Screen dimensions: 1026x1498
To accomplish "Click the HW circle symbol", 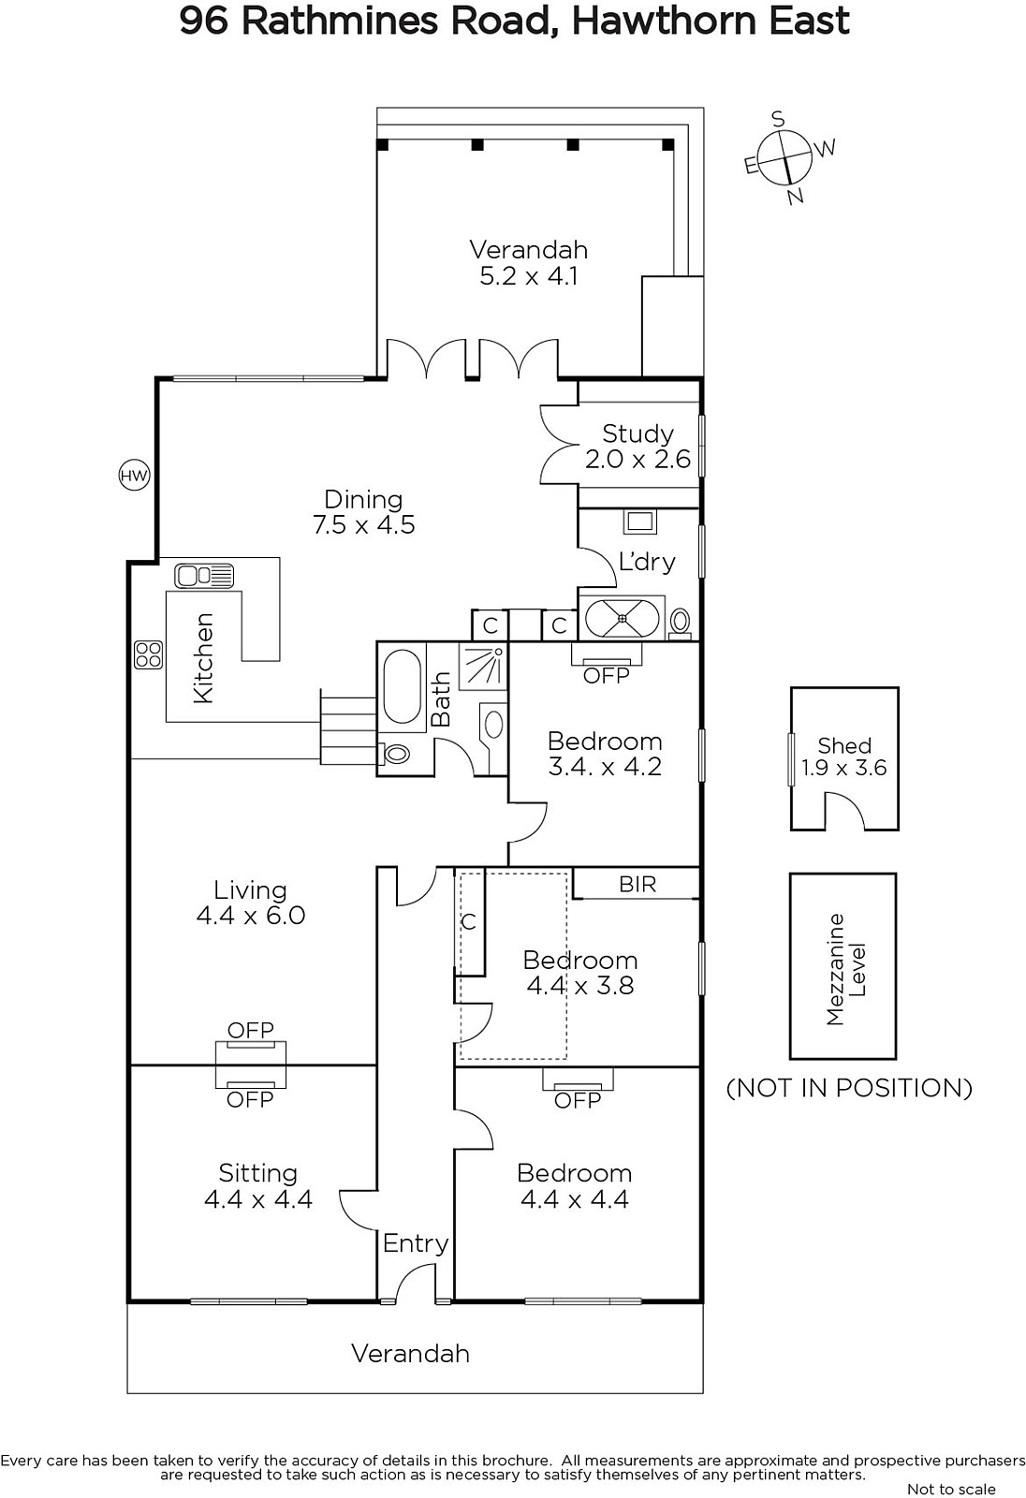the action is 134,476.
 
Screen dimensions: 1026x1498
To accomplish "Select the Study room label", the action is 638,433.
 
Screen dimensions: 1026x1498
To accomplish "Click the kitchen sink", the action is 204,576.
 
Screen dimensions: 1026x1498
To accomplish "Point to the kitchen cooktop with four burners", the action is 148,654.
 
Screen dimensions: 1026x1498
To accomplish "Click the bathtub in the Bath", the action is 402,684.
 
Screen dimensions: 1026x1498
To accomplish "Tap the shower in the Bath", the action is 482,666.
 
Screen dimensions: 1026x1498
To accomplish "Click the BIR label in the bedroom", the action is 638,884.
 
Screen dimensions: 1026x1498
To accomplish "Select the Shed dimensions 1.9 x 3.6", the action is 844,768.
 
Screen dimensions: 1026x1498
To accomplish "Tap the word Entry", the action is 415,1244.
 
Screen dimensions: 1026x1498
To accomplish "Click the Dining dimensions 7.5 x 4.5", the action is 364,524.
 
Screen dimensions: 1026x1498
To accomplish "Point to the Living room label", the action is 250,889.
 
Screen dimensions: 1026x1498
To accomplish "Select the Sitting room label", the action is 258,1173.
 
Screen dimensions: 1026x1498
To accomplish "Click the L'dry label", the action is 647,562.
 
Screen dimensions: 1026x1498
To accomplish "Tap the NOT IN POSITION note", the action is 849,1087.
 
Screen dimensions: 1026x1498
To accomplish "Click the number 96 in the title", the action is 204,22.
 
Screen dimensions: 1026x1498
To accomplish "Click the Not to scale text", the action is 951,1489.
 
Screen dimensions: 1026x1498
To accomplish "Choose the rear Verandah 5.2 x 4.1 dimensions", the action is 528,275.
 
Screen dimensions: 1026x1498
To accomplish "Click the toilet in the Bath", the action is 396,754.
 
